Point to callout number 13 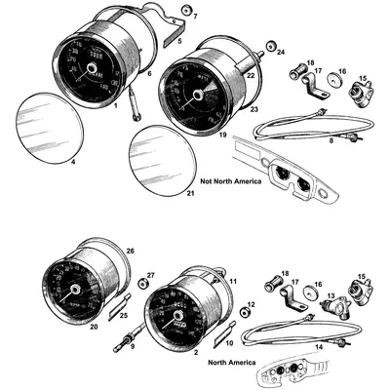click(x=331, y=293)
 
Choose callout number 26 click(x=131, y=251)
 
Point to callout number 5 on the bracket click(x=176, y=43)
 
